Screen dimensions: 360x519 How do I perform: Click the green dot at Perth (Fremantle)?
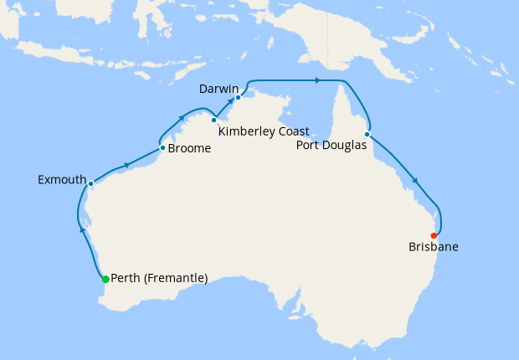(105, 279)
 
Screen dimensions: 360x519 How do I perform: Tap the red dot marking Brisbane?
(434, 235)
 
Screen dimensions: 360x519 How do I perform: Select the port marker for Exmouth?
(90, 183)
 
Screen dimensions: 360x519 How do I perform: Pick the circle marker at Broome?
(162, 148)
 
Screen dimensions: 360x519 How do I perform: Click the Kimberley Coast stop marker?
(214, 120)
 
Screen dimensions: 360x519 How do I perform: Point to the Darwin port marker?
(239, 97)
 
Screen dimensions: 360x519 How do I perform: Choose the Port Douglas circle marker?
(367, 134)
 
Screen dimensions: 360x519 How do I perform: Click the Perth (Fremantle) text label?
(159, 279)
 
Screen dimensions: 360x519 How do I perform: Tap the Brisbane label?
(434, 247)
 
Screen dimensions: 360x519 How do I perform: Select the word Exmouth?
(61, 180)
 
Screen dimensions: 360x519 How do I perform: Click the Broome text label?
(189, 149)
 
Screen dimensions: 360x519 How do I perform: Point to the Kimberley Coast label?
(264, 131)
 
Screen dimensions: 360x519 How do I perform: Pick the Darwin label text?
(219, 88)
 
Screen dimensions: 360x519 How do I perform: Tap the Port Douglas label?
(332, 145)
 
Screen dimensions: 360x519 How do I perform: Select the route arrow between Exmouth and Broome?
(126, 165)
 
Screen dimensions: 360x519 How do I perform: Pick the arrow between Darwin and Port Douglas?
(317, 80)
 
